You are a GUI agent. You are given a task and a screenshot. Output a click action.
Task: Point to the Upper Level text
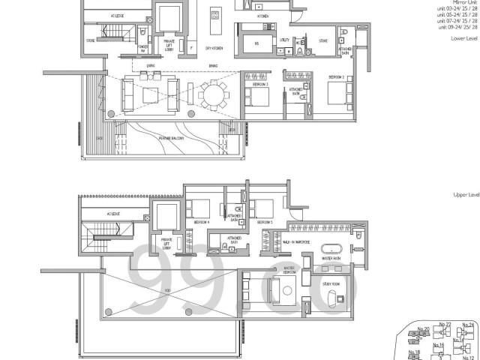466,194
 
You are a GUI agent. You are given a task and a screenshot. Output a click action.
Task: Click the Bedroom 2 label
337,78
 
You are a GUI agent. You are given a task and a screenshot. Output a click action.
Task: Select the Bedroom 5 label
263,223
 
